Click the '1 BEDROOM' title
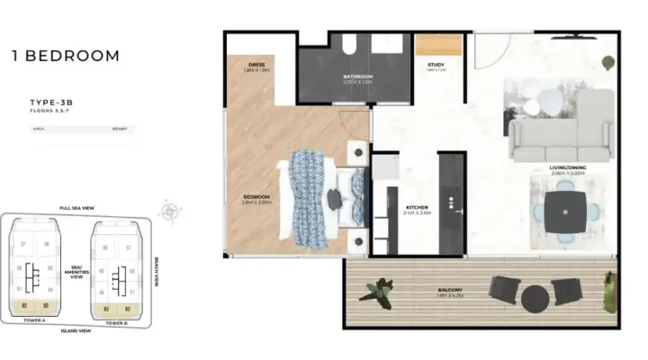[65, 56]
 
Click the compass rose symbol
[169, 212]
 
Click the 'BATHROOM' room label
[357, 76]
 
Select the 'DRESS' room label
[257, 64]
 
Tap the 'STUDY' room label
[436, 64]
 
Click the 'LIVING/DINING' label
[569, 167]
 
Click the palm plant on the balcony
[378, 290]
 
